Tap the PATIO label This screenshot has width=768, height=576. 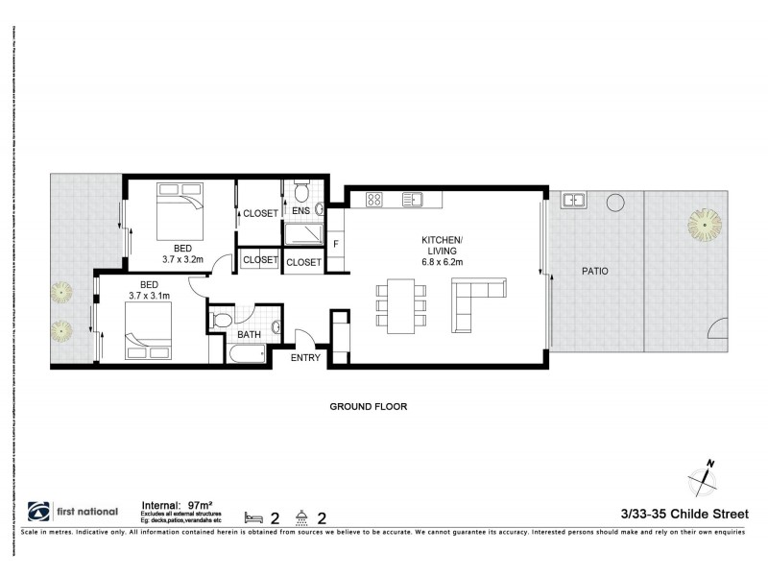tap(595, 272)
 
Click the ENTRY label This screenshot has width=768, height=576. tap(306, 357)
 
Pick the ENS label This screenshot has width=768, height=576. tap(300, 210)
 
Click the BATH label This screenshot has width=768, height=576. tap(249, 335)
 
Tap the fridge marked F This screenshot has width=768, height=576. tap(336, 244)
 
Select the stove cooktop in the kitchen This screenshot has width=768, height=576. tap(374, 200)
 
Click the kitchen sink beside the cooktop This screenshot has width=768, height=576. tap(413, 200)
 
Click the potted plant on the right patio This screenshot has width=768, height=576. tap(703, 225)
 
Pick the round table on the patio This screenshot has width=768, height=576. tap(613, 204)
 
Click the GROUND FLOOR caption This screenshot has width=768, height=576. tap(368, 407)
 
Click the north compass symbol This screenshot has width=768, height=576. tap(706, 474)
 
